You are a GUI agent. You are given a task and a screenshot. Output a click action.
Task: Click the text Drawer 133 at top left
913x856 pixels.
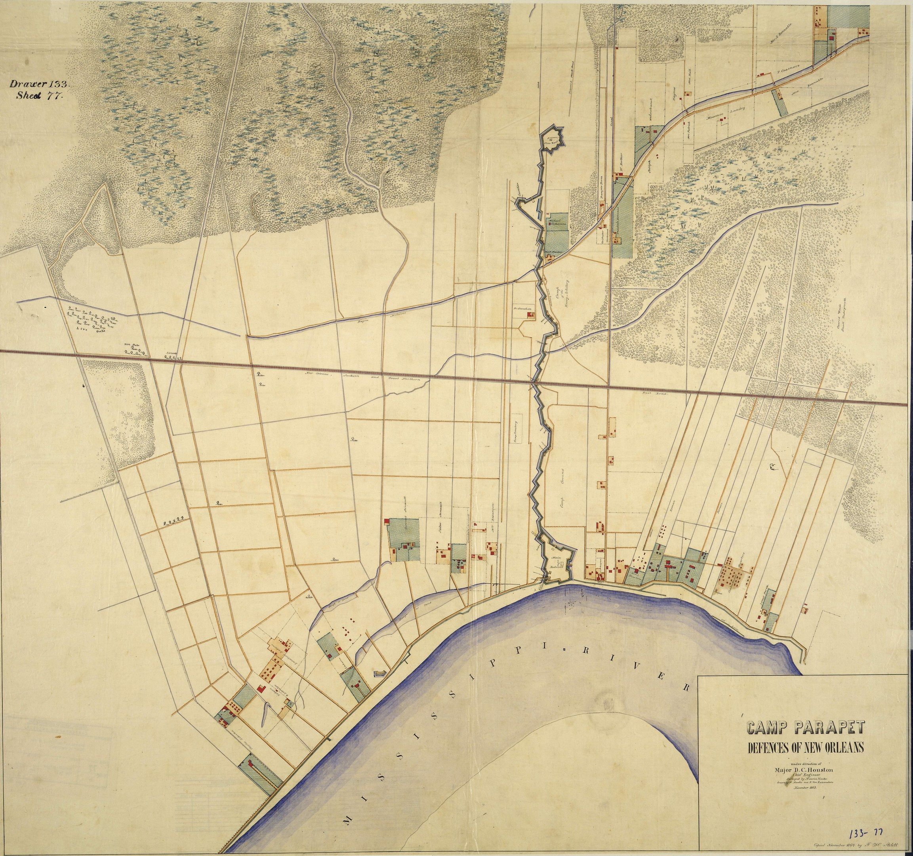click(40, 84)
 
